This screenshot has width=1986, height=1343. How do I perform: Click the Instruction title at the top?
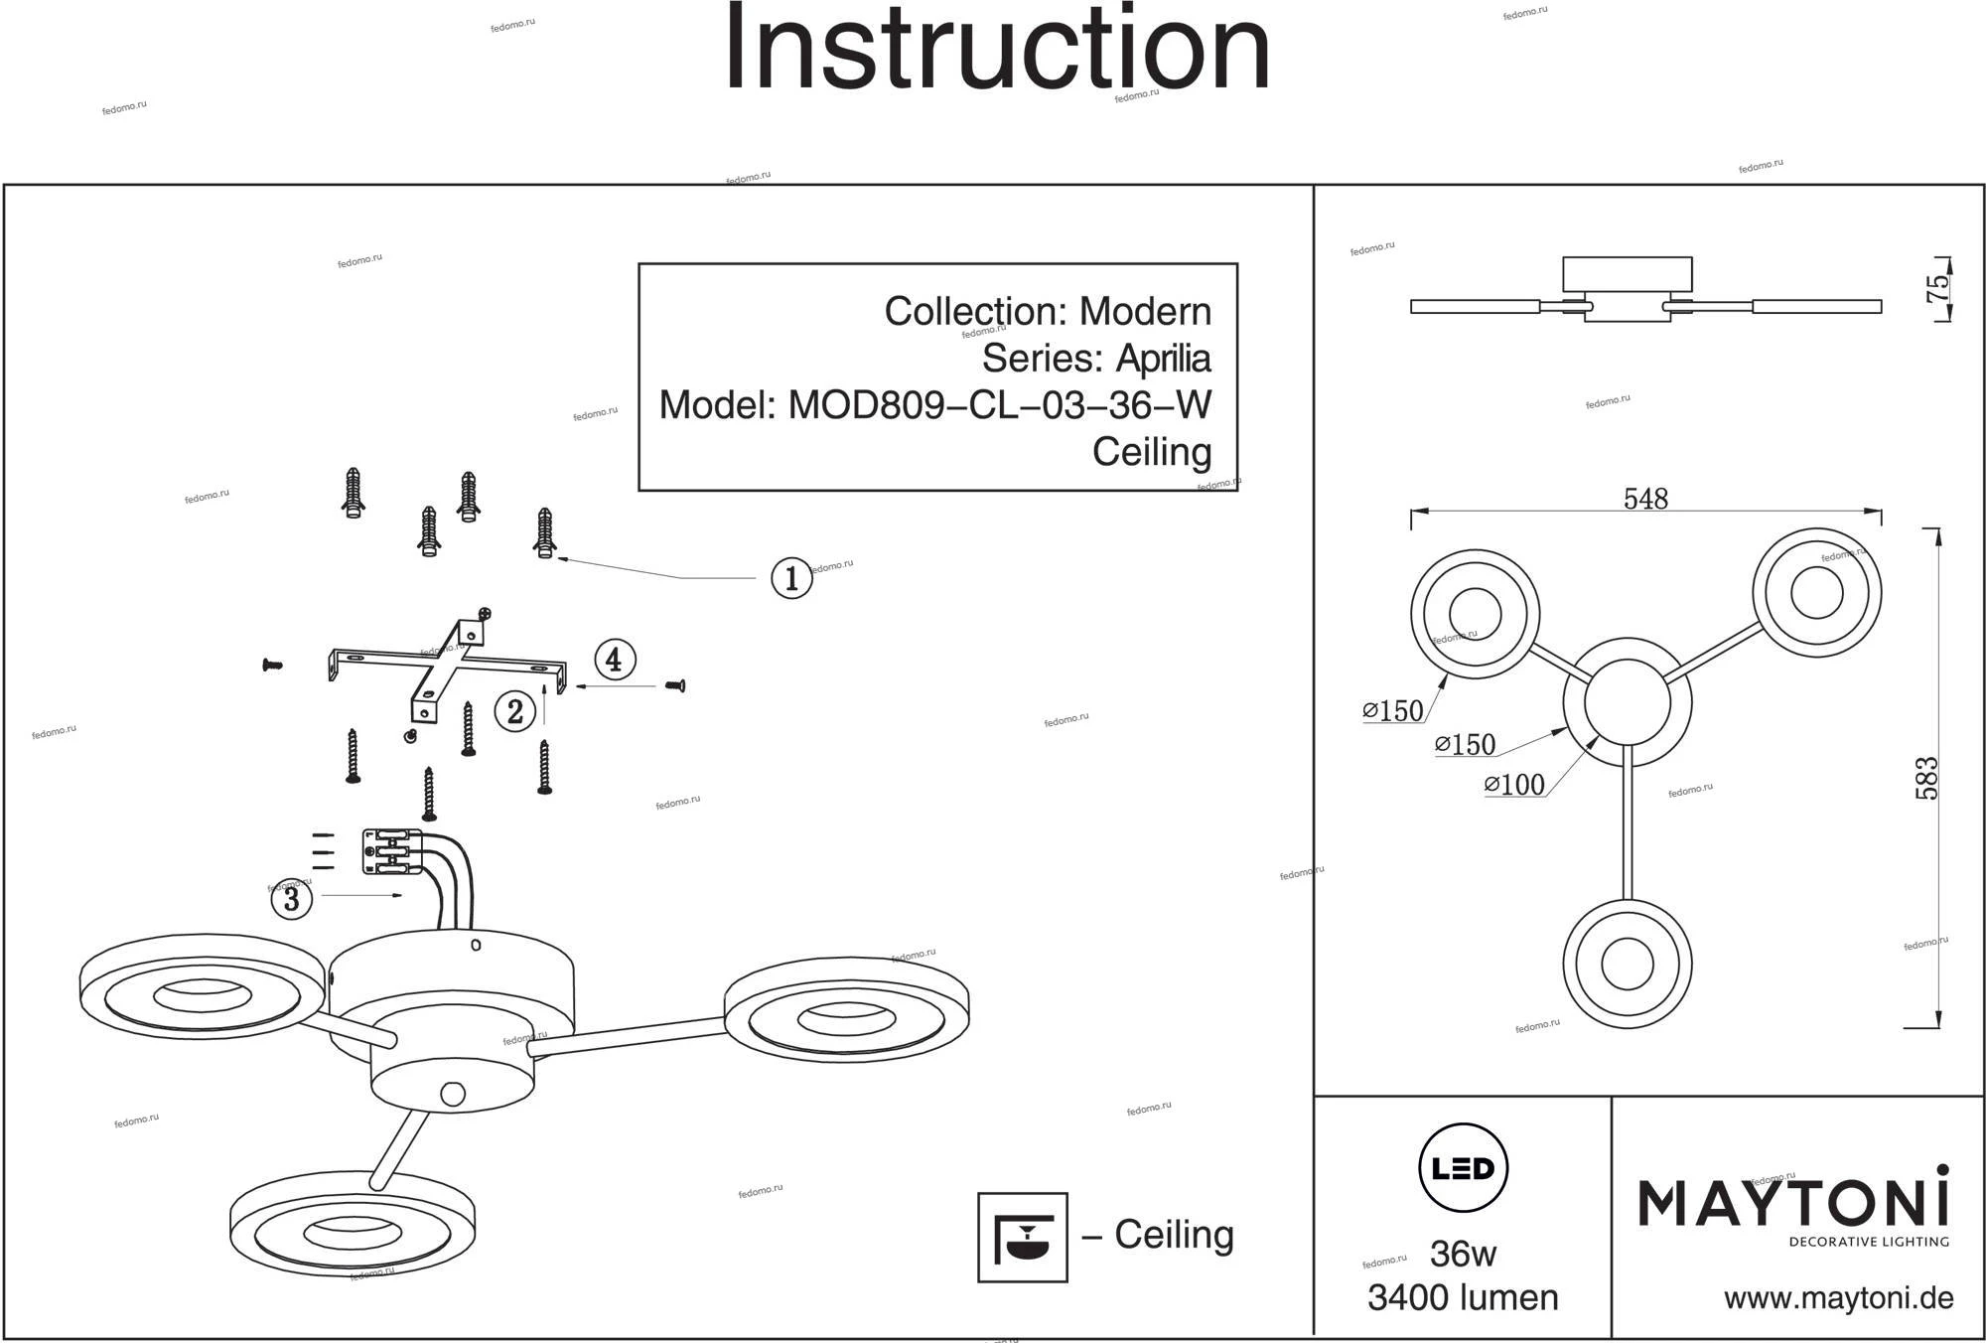tap(997, 50)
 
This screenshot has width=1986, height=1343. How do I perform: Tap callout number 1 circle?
tap(791, 578)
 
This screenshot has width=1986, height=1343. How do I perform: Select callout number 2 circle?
tap(515, 711)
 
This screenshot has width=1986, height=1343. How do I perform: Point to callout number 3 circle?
tap(292, 899)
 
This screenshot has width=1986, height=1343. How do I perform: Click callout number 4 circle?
tap(615, 660)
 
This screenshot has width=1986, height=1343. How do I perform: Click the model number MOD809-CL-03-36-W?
tap(999, 405)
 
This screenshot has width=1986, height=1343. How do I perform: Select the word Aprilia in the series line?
tap(1163, 358)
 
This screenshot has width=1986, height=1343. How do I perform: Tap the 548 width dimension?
tap(1645, 499)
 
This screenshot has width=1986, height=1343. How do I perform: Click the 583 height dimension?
tap(1926, 779)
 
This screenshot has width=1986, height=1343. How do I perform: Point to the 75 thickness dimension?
tap(1937, 288)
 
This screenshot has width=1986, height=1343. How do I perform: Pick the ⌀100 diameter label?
tap(1515, 786)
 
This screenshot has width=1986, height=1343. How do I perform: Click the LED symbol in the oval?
tap(1464, 1168)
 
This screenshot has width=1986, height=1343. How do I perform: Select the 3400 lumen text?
tap(1463, 1298)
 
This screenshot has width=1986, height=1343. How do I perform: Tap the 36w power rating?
tap(1463, 1254)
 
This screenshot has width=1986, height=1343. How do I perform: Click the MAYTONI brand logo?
tap(1793, 1204)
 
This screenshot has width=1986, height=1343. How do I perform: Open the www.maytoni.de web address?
tap(1838, 1298)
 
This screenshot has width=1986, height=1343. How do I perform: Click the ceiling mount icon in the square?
tap(1023, 1237)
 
